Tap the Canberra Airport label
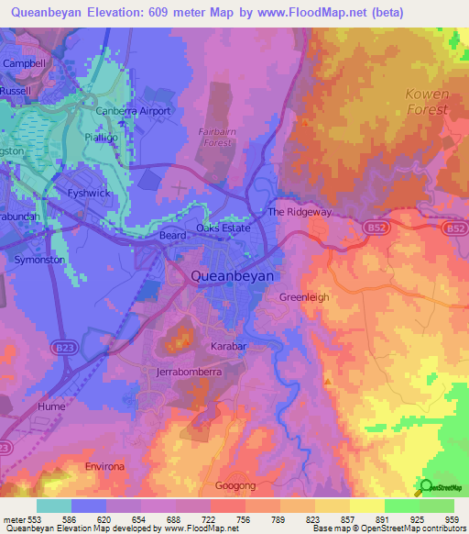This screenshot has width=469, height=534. pos(134,111)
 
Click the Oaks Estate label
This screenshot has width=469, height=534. pos(223,228)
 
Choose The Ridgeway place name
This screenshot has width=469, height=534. pos(299,212)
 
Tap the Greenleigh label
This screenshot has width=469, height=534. pos(303,297)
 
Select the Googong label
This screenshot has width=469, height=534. pos(235,484)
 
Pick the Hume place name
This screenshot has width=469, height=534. pos(51,405)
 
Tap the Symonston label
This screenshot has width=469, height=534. pos(39,260)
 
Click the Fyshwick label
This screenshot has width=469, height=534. pos(88,194)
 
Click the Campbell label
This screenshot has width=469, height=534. pos(25,63)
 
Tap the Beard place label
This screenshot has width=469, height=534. pos(172,236)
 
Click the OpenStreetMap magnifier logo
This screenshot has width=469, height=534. pos(425,486)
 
